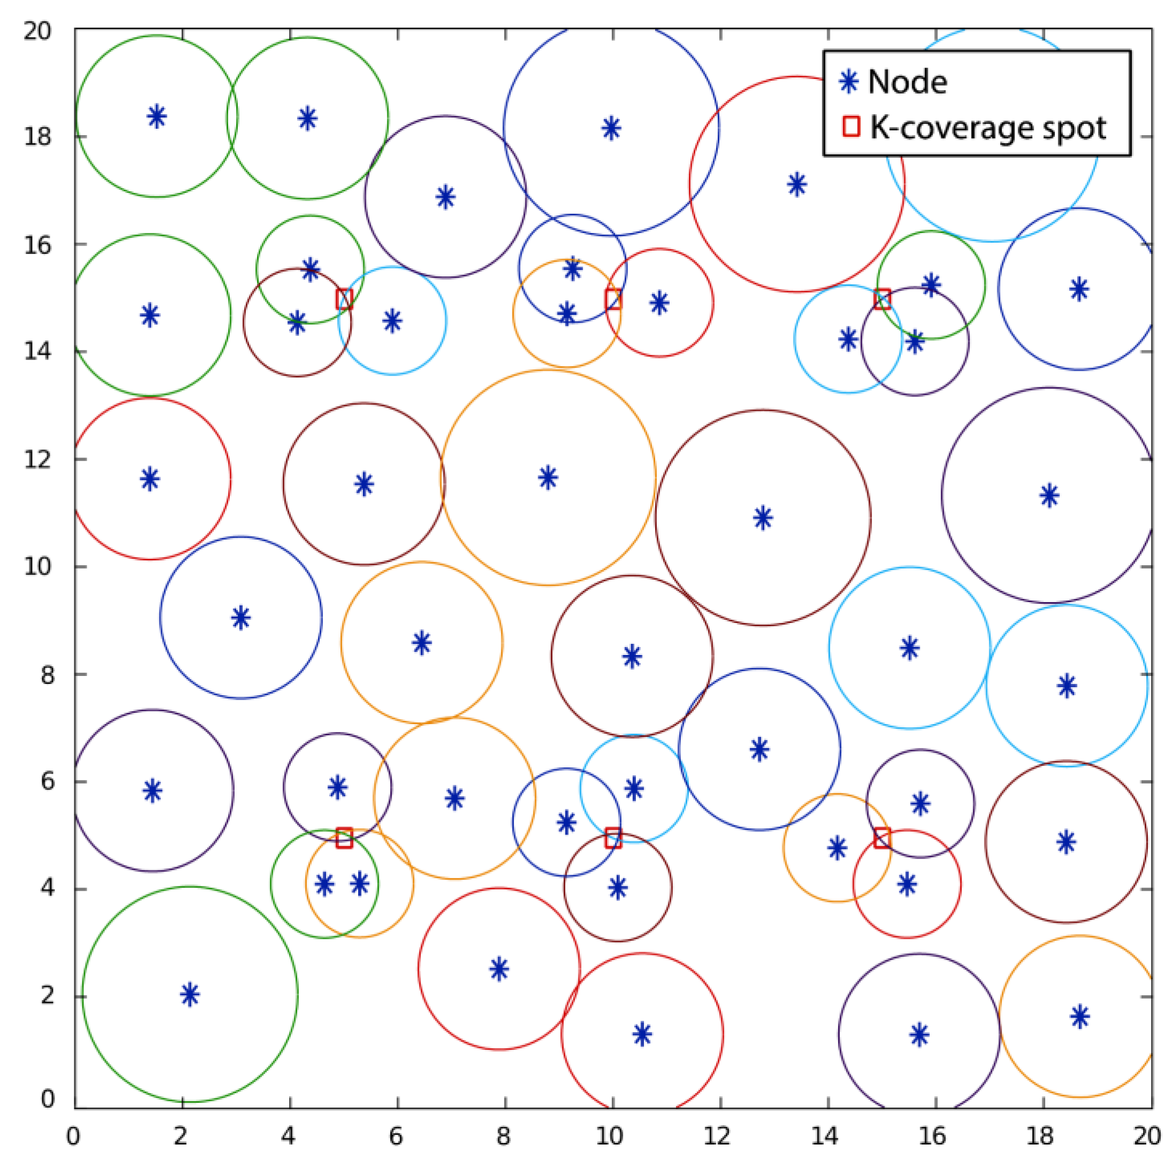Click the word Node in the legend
pyautogui.click(x=907, y=82)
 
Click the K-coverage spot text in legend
pyautogui.click(x=988, y=128)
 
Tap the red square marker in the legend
pyautogui.click(x=851, y=127)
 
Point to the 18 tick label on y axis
pyautogui.click(x=37, y=137)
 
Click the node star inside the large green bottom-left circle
pyautogui.click(x=190, y=994)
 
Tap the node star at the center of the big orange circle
pyautogui.click(x=548, y=478)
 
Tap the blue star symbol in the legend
pyautogui.click(x=849, y=81)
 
